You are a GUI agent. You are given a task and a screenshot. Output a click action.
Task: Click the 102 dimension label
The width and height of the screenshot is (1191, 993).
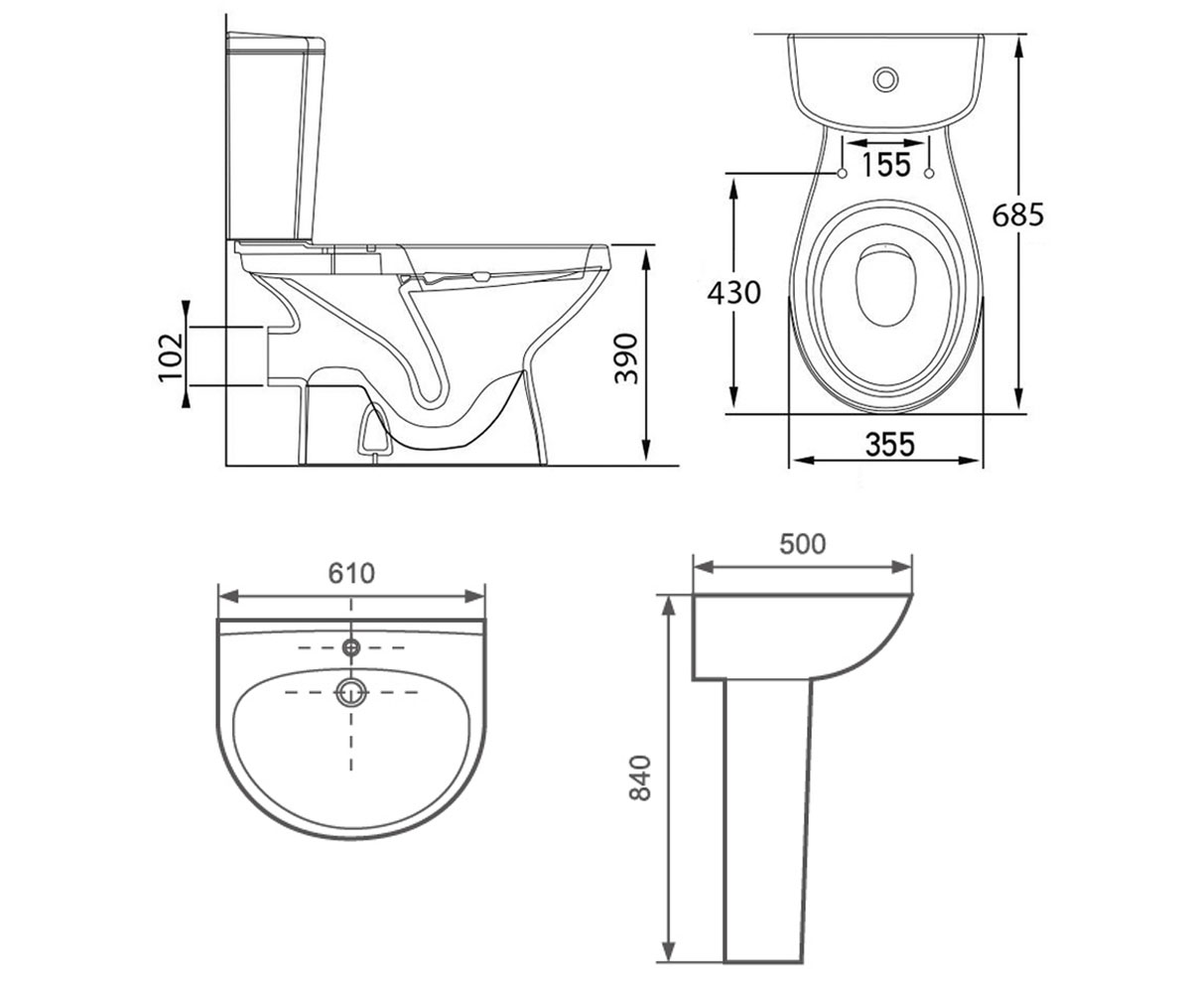tap(171, 356)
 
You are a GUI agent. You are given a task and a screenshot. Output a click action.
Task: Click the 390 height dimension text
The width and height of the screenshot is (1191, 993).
tap(625, 358)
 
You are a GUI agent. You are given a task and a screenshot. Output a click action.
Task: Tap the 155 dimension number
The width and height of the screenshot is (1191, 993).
tap(885, 165)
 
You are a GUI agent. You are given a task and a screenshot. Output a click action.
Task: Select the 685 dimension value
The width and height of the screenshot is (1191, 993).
tap(1017, 215)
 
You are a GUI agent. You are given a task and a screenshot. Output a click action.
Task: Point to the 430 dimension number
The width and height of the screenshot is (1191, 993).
tap(734, 293)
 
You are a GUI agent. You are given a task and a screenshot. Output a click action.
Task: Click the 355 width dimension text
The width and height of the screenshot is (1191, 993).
tap(890, 445)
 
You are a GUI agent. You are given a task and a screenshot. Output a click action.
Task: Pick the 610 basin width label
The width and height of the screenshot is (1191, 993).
tap(351, 574)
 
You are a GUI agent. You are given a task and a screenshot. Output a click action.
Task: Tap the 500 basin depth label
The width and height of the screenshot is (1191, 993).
tap(803, 544)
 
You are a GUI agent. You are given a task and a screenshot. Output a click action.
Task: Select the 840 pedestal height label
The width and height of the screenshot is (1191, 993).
tap(640, 778)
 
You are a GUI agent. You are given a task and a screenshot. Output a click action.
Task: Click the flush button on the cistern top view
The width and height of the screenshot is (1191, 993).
tap(885, 79)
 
